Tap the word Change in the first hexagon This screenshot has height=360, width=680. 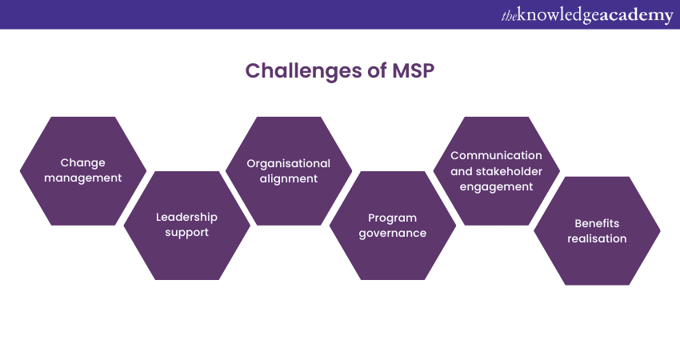point(83,163)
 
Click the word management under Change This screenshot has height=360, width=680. point(83,178)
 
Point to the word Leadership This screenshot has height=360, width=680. point(186,217)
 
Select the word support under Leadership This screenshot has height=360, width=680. point(186,232)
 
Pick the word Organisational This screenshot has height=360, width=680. point(288,163)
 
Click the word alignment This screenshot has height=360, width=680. point(288,178)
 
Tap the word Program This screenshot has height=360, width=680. point(393,218)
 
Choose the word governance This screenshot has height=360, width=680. point(393,233)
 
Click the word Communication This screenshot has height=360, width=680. point(496,155)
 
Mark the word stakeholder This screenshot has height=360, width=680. point(509,170)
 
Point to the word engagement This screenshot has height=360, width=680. point(496,186)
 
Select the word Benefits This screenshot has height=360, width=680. point(597,223)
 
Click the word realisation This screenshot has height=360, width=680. point(597,238)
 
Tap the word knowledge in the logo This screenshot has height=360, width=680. point(559,15)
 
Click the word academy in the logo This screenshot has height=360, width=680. point(636,15)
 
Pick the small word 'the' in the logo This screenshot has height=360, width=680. point(510,15)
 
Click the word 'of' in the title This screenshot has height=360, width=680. point(365,70)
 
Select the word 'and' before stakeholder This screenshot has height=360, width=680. point(462,170)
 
